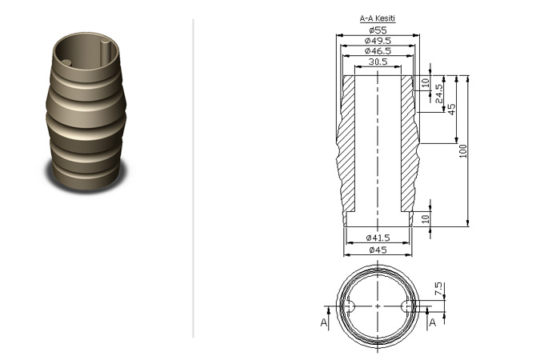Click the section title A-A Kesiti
tap(378, 18)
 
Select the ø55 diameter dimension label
tap(378, 30)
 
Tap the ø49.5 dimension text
tap(378, 41)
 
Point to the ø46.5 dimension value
tap(378, 51)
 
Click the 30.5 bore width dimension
tap(378, 62)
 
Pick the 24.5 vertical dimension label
tap(439, 94)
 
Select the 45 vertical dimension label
tap(451, 110)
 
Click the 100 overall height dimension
tap(463, 151)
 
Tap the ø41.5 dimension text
tap(378, 238)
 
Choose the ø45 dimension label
tap(378, 250)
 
